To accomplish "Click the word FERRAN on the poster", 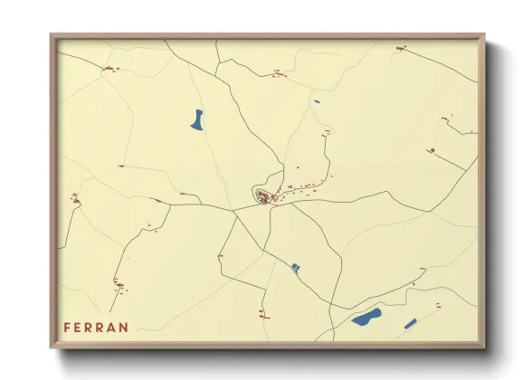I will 96,327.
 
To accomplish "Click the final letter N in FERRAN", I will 124,327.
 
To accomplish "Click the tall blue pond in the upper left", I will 197,119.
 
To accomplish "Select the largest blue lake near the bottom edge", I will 366,317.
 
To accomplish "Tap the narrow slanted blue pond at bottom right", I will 410,323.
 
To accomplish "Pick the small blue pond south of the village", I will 296,268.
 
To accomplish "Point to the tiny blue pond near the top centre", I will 317,101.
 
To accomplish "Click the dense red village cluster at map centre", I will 264,197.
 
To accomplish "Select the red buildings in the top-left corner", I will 109,68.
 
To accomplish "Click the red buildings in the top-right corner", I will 400,48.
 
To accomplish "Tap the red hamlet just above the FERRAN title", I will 119,286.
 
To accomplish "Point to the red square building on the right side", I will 432,150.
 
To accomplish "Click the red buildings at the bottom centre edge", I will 262,313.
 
